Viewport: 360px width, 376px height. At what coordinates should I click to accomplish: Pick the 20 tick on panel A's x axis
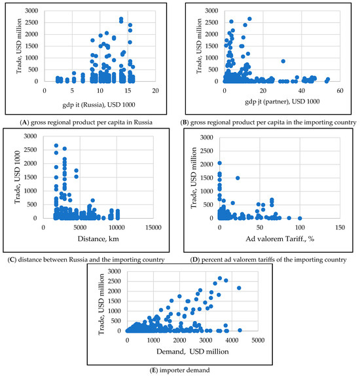click(x=154, y=90)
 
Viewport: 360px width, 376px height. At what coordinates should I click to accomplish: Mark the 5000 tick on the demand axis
click(x=256, y=341)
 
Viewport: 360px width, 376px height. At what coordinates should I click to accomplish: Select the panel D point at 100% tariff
click(x=300, y=218)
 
